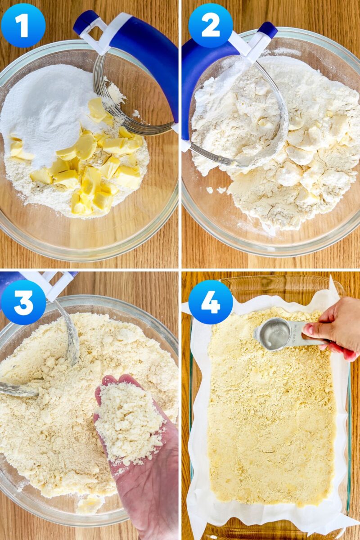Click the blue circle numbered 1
[23, 26]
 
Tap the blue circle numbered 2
[211, 26]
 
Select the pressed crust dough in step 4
[270, 418]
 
